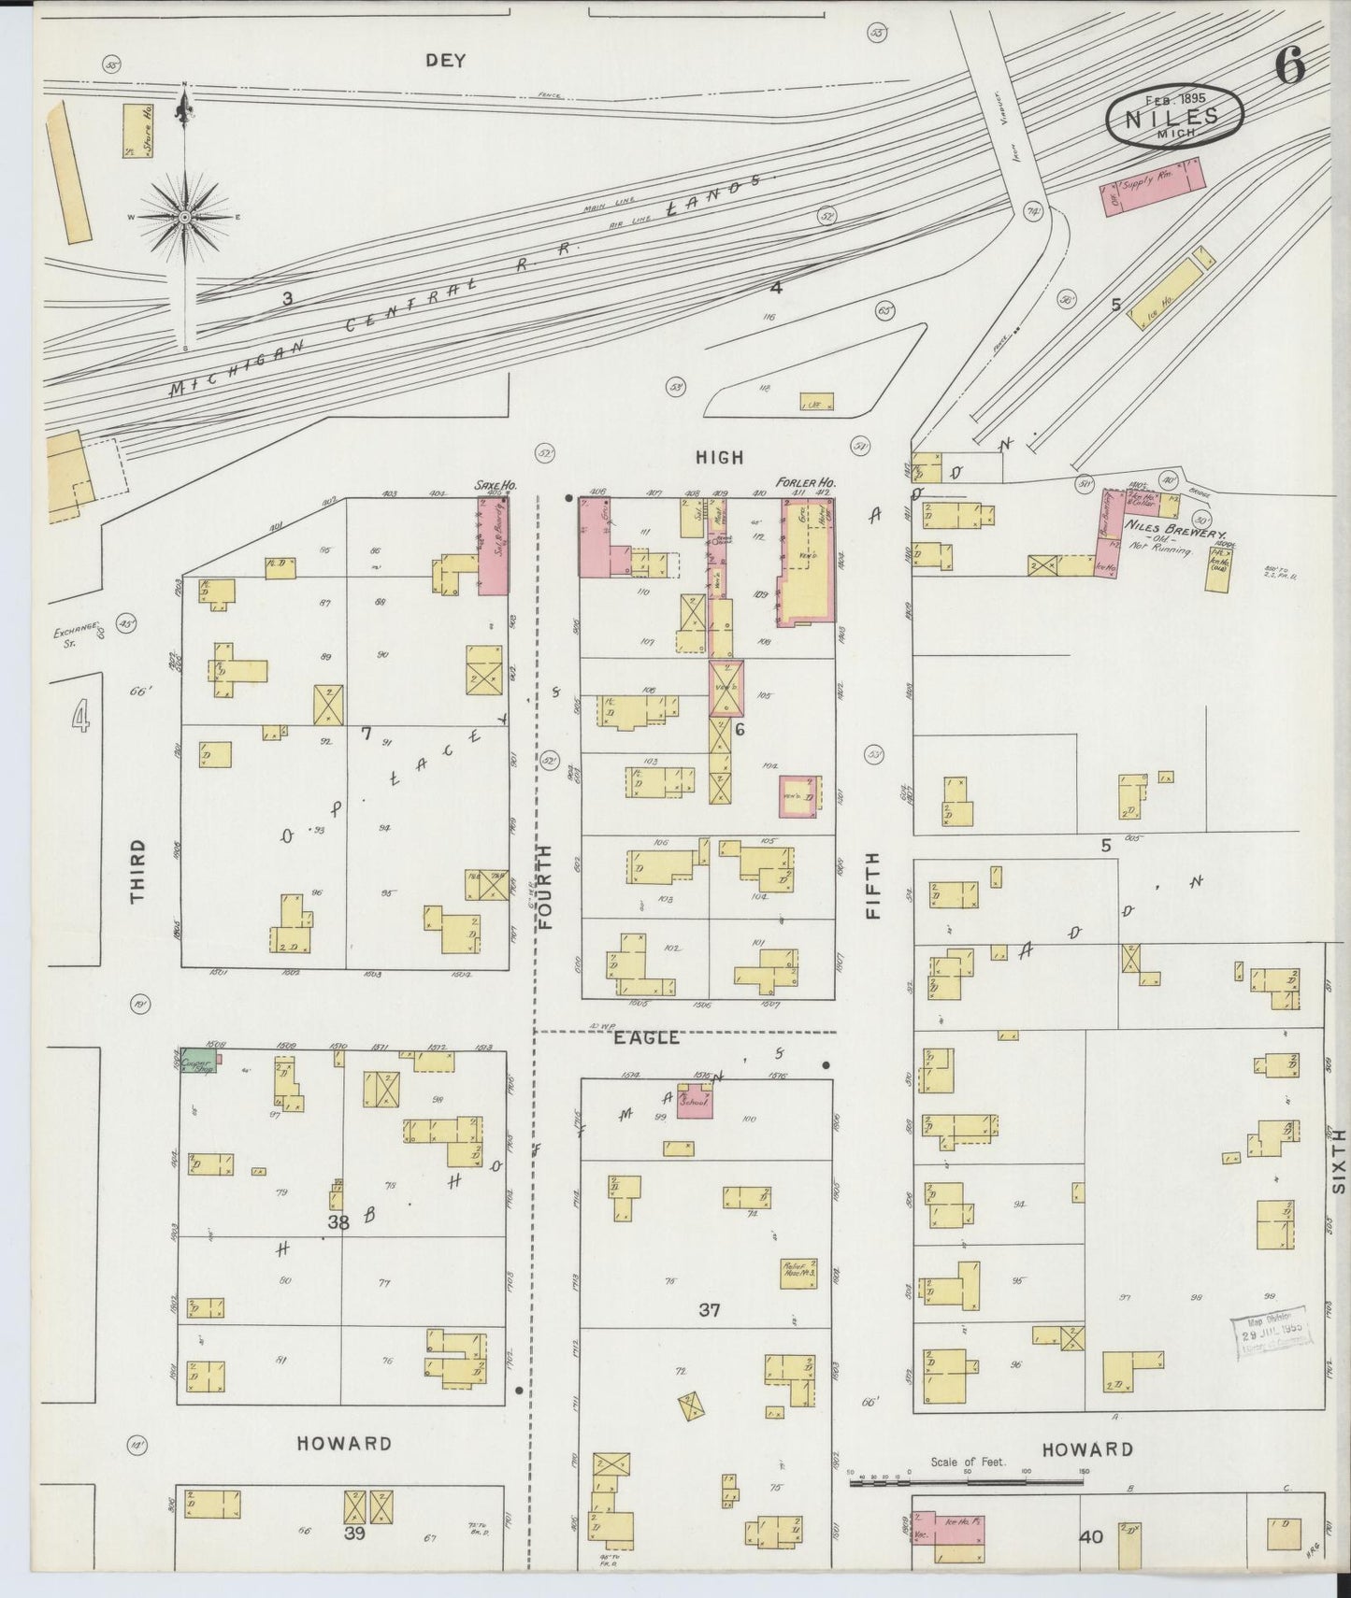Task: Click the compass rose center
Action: coord(184,217)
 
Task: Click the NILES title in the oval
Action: coord(1172,118)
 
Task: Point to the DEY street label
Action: coord(445,61)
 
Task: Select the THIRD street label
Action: coord(137,870)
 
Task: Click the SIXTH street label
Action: coord(1338,1160)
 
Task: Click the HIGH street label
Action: coord(720,457)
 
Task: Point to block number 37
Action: coord(710,1310)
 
